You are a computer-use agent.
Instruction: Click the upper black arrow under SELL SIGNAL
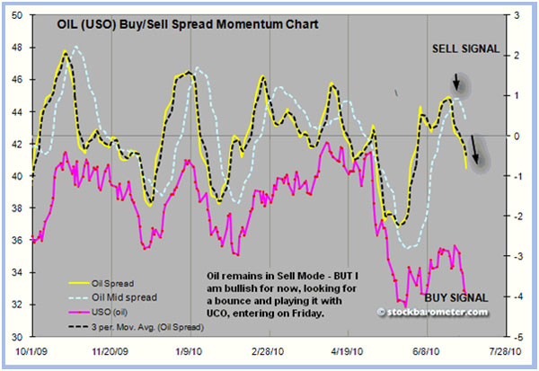click(457, 84)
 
